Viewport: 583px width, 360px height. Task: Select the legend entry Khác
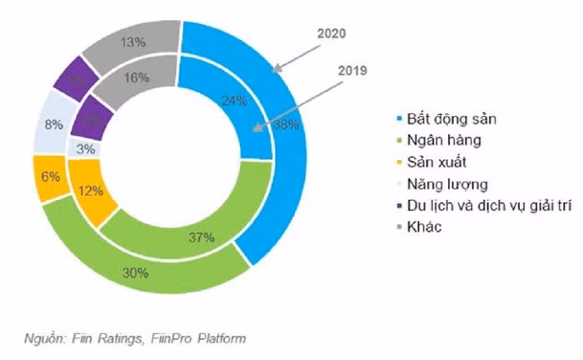pyautogui.click(x=431, y=227)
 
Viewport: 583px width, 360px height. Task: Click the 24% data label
pyautogui.click(x=236, y=102)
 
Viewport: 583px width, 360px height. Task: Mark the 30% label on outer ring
pyautogui.click(x=136, y=272)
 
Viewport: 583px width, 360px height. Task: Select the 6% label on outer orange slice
pyautogui.click(x=51, y=176)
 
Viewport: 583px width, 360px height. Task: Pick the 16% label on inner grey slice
pyautogui.click(x=137, y=77)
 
